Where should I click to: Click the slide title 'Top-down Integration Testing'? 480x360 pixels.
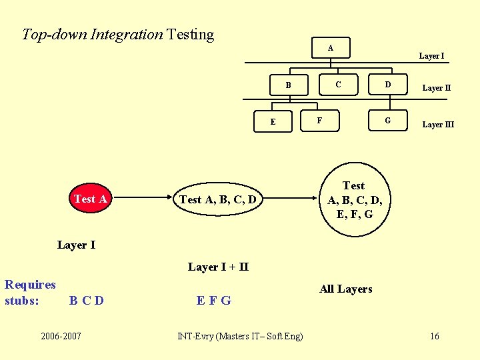pyautogui.click(x=118, y=34)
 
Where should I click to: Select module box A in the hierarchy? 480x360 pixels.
pyautogui.click(x=331, y=48)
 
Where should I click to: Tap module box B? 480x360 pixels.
pyautogui.click(x=288, y=85)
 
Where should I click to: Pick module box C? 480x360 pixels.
pyautogui.click(x=338, y=84)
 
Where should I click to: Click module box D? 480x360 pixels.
pyautogui.click(x=388, y=84)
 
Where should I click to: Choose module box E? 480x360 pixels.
pyautogui.click(x=273, y=121)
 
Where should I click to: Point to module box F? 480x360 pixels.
pyautogui.click(x=319, y=121)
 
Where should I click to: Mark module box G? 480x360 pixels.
pyautogui.click(x=388, y=121)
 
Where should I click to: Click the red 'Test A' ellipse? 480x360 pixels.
pyautogui.click(x=91, y=199)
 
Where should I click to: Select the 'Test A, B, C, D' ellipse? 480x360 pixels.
pyautogui.click(x=218, y=199)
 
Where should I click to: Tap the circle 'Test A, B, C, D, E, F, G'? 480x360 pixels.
pyautogui.click(x=354, y=199)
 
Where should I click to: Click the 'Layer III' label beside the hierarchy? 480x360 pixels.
pyautogui.click(x=438, y=125)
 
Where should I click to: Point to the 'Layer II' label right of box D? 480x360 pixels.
pyautogui.click(x=437, y=88)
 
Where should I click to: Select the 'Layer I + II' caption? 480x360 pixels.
pyautogui.click(x=218, y=267)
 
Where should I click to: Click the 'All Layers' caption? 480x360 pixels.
pyautogui.click(x=345, y=289)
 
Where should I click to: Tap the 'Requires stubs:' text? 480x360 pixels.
pyautogui.click(x=30, y=292)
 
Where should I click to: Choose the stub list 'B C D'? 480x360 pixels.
pyautogui.click(x=87, y=300)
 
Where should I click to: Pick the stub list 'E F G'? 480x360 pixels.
pyautogui.click(x=214, y=300)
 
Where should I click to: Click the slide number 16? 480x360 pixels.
pyautogui.click(x=434, y=335)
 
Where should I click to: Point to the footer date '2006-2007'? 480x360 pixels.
pyautogui.click(x=61, y=335)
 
